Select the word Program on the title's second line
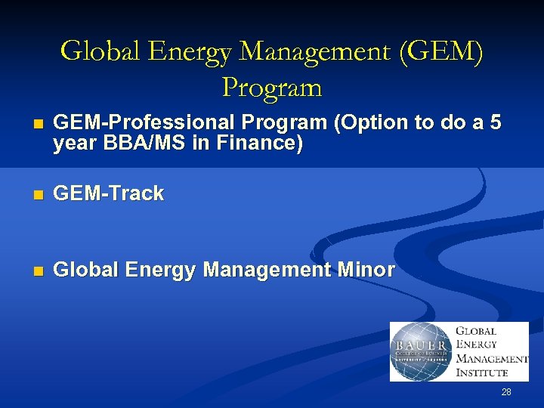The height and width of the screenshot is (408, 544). pos(272,88)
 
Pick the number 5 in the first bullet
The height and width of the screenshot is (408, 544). pos(495,123)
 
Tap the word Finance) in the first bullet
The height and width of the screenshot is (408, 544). pos(263,144)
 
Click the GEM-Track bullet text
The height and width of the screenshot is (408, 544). pos(110,193)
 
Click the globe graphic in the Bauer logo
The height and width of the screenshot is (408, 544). pos(420,351)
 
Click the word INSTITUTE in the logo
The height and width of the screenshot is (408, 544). pos(483,372)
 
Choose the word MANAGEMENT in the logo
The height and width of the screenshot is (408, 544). pos(492,358)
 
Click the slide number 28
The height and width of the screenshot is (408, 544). pos(506,392)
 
